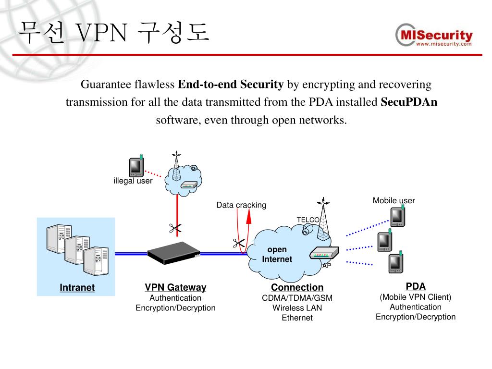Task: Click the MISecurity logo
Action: [434, 36]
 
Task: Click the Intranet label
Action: [77, 288]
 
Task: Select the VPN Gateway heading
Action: [175, 287]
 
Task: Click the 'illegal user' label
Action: [133, 181]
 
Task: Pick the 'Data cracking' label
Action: [241, 205]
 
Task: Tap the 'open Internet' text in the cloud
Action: [277, 255]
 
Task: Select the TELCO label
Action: [308, 220]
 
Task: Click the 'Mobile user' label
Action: [394, 200]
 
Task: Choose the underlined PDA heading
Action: [416, 286]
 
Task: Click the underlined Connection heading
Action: [297, 287]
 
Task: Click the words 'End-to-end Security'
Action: [231, 85]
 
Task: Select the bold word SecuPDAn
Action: [409, 102]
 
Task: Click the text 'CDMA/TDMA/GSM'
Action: [297, 298]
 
